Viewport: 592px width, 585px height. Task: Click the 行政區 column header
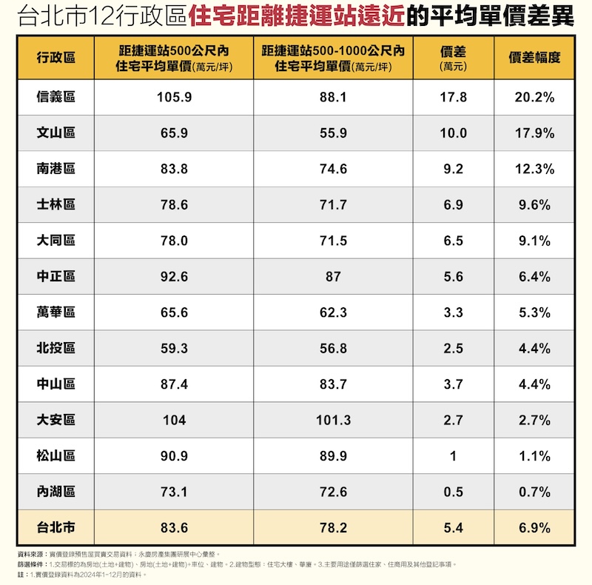pos(55,58)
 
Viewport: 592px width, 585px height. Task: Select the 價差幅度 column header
pos(534,58)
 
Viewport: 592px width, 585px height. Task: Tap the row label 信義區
pos(55,97)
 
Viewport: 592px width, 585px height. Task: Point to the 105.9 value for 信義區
pos(174,97)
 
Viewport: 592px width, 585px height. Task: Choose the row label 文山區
pos(55,133)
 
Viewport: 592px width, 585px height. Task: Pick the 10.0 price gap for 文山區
pos(453,133)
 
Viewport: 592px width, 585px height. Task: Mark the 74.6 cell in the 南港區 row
pos(333,169)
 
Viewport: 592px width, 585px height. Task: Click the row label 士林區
pos(55,205)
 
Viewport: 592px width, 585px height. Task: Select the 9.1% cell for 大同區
pos(534,241)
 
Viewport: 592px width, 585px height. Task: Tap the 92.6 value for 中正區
pos(174,277)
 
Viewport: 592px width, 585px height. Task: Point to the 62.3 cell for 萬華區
pos(333,312)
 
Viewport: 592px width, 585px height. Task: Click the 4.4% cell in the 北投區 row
pos(534,348)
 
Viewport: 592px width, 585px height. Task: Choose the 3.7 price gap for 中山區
pos(453,384)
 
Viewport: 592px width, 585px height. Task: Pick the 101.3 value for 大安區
pos(333,420)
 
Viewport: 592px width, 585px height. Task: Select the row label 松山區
pos(55,456)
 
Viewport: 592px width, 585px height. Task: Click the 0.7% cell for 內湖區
pos(534,492)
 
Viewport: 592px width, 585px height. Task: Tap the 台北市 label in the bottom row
pos(55,528)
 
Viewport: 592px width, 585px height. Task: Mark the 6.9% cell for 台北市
pos(534,528)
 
